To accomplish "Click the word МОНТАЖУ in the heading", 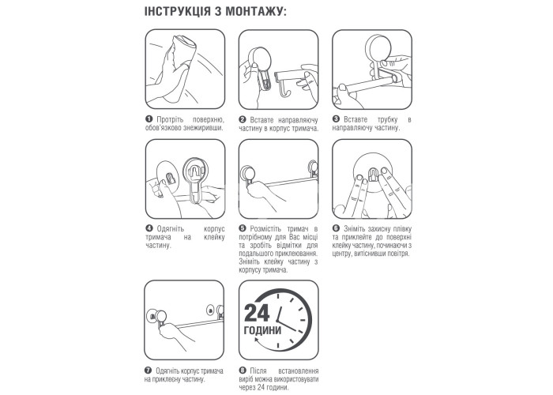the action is (x=255, y=11).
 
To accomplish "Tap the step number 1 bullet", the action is (x=149, y=119).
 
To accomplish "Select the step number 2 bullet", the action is (x=242, y=119).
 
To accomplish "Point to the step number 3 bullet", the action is (x=336, y=119).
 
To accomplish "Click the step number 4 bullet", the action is (x=149, y=228).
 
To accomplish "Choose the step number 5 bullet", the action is (x=242, y=228).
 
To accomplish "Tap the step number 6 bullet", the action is (x=336, y=228).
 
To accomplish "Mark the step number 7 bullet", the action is (x=148, y=371).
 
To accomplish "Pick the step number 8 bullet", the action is (x=242, y=371).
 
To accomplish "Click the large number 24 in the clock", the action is (x=257, y=313).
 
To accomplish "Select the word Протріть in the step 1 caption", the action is (x=170, y=119).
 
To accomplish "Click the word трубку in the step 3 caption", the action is (x=387, y=119).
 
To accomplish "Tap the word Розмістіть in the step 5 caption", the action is (x=265, y=229).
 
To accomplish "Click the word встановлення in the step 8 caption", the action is (x=298, y=371).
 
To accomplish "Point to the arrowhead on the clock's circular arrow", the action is (x=257, y=340).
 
